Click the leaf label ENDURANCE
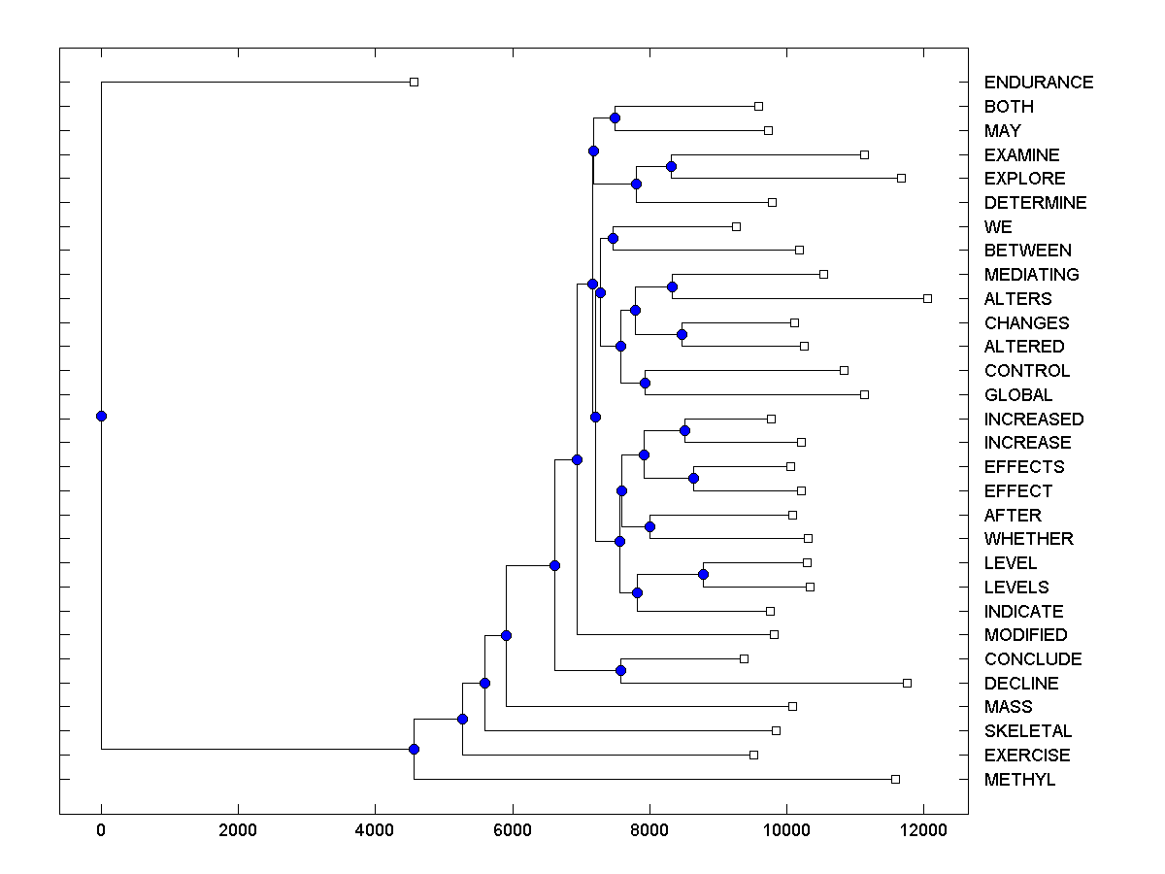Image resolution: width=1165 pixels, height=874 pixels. click(1038, 83)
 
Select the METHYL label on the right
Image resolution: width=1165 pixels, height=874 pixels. click(1018, 780)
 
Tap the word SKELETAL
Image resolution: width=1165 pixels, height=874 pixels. click(1028, 731)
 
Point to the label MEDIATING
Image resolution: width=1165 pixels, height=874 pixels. click(1031, 275)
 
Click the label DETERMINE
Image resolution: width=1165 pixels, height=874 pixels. click(1035, 203)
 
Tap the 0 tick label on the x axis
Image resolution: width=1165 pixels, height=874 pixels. click(101, 831)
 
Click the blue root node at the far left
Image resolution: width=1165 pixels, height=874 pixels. click(101, 416)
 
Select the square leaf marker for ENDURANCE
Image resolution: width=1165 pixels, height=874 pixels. click(414, 82)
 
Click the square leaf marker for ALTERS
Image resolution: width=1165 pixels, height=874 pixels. click(927, 298)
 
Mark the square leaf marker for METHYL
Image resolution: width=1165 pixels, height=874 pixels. click(895, 779)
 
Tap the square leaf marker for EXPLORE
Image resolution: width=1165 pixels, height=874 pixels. click(901, 178)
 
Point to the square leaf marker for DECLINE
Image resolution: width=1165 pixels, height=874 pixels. click(907, 683)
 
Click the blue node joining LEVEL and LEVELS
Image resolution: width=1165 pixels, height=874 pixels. click(703, 575)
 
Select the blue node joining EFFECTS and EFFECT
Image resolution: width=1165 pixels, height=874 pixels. click(693, 478)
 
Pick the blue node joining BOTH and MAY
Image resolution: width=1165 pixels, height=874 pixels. click(615, 118)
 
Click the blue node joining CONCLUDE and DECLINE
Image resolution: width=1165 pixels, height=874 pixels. click(620, 670)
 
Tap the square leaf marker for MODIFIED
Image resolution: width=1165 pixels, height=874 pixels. click(774, 634)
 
